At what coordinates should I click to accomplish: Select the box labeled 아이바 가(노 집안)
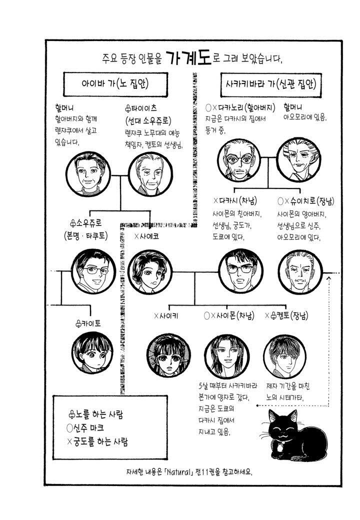(x=115, y=84)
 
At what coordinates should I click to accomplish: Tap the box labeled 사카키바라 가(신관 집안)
(x=271, y=84)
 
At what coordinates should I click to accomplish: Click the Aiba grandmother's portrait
(x=88, y=174)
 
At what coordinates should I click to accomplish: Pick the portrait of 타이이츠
(x=150, y=174)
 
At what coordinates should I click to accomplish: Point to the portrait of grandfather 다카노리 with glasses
(x=239, y=160)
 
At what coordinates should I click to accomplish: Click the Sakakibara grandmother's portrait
(x=299, y=160)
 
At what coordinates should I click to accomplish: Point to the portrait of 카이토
(x=92, y=352)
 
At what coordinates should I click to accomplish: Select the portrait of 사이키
(x=168, y=355)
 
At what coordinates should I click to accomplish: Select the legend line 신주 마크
(x=85, y=428)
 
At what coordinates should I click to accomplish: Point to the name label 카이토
(x=88, y=323)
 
